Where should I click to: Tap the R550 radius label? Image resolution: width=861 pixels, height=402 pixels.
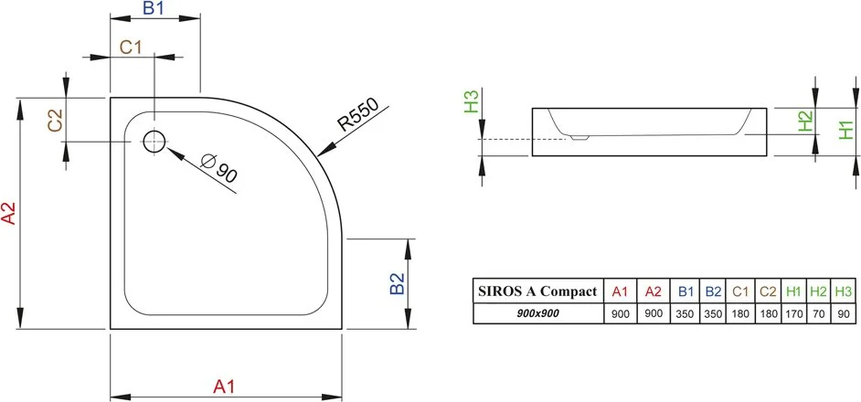click(x=358, y=115)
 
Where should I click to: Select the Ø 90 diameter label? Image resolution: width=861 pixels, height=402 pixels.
click(x=218, y=169)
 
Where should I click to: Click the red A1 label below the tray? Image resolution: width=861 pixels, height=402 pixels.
click(x=224, y=386)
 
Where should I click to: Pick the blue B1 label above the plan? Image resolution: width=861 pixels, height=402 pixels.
click(x=154, y=8)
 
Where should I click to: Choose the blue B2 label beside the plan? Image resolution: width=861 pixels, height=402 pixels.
click(x=397, y=283)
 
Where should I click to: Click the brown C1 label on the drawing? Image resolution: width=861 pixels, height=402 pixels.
click(x=132, y=48)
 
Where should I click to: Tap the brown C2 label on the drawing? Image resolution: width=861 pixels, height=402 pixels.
click(x=56, y=121)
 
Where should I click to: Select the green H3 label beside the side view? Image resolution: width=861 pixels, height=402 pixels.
click(x=472, y=101)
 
